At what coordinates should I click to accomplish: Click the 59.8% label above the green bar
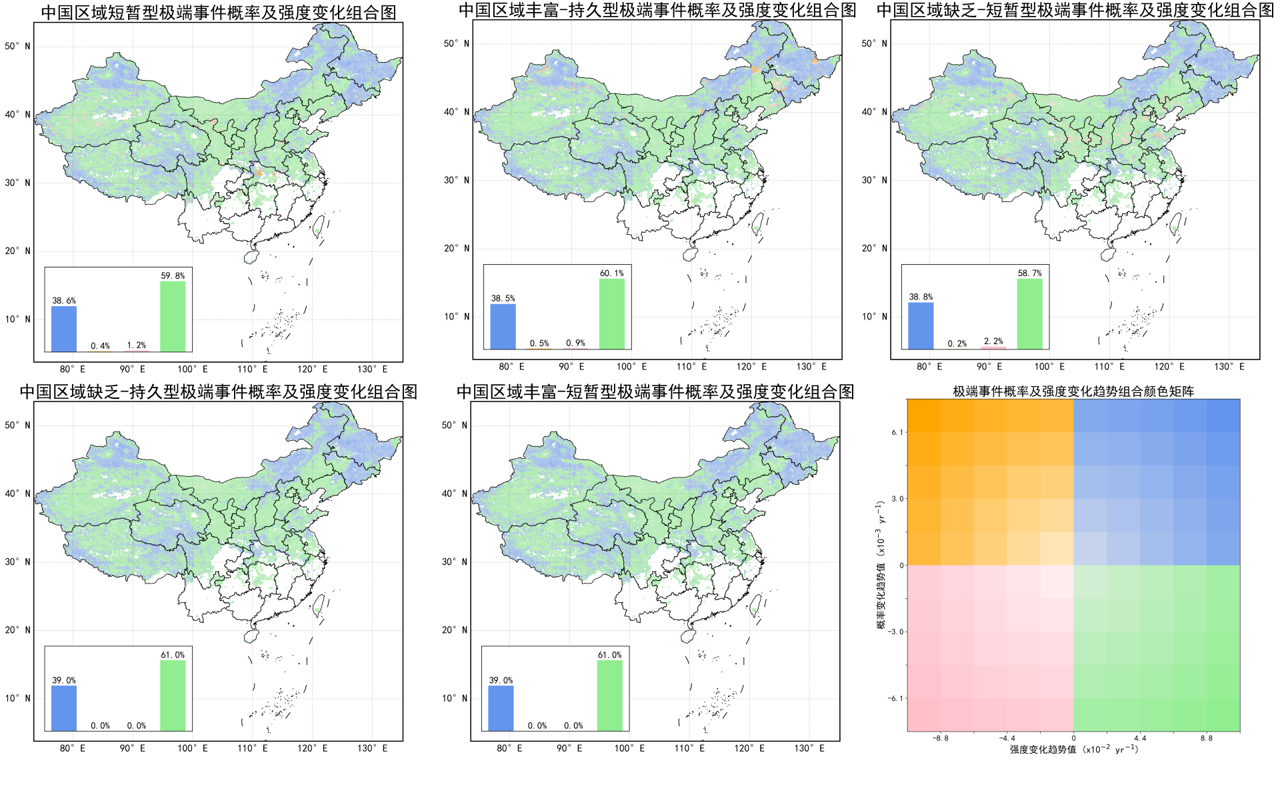coord(173,275)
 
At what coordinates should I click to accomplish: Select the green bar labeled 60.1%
coord(611,313)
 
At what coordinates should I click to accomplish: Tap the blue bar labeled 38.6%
coord(64,329)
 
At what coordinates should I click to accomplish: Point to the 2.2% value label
coord(993,341)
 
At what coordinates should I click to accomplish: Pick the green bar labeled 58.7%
coord(1029,313)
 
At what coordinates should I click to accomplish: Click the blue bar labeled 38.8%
coord(921,325)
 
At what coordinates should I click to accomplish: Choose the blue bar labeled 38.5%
coord(503,326)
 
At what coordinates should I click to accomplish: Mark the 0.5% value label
coord(539,343)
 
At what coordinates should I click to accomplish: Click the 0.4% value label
coord(100,345)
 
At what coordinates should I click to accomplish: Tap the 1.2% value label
coord(136,345)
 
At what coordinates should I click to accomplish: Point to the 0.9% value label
coord(575,343)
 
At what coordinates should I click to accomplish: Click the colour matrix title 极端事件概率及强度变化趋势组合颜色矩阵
coord(1073,391)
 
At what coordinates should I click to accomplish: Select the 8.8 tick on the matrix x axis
coord(1207,738)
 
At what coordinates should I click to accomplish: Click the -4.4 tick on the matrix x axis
coord(1006,738)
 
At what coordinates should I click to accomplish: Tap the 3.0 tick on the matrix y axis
coord(897,499)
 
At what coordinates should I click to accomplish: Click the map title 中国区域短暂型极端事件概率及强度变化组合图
coord(218,12)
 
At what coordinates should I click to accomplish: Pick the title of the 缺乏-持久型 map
coord(218,391)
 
